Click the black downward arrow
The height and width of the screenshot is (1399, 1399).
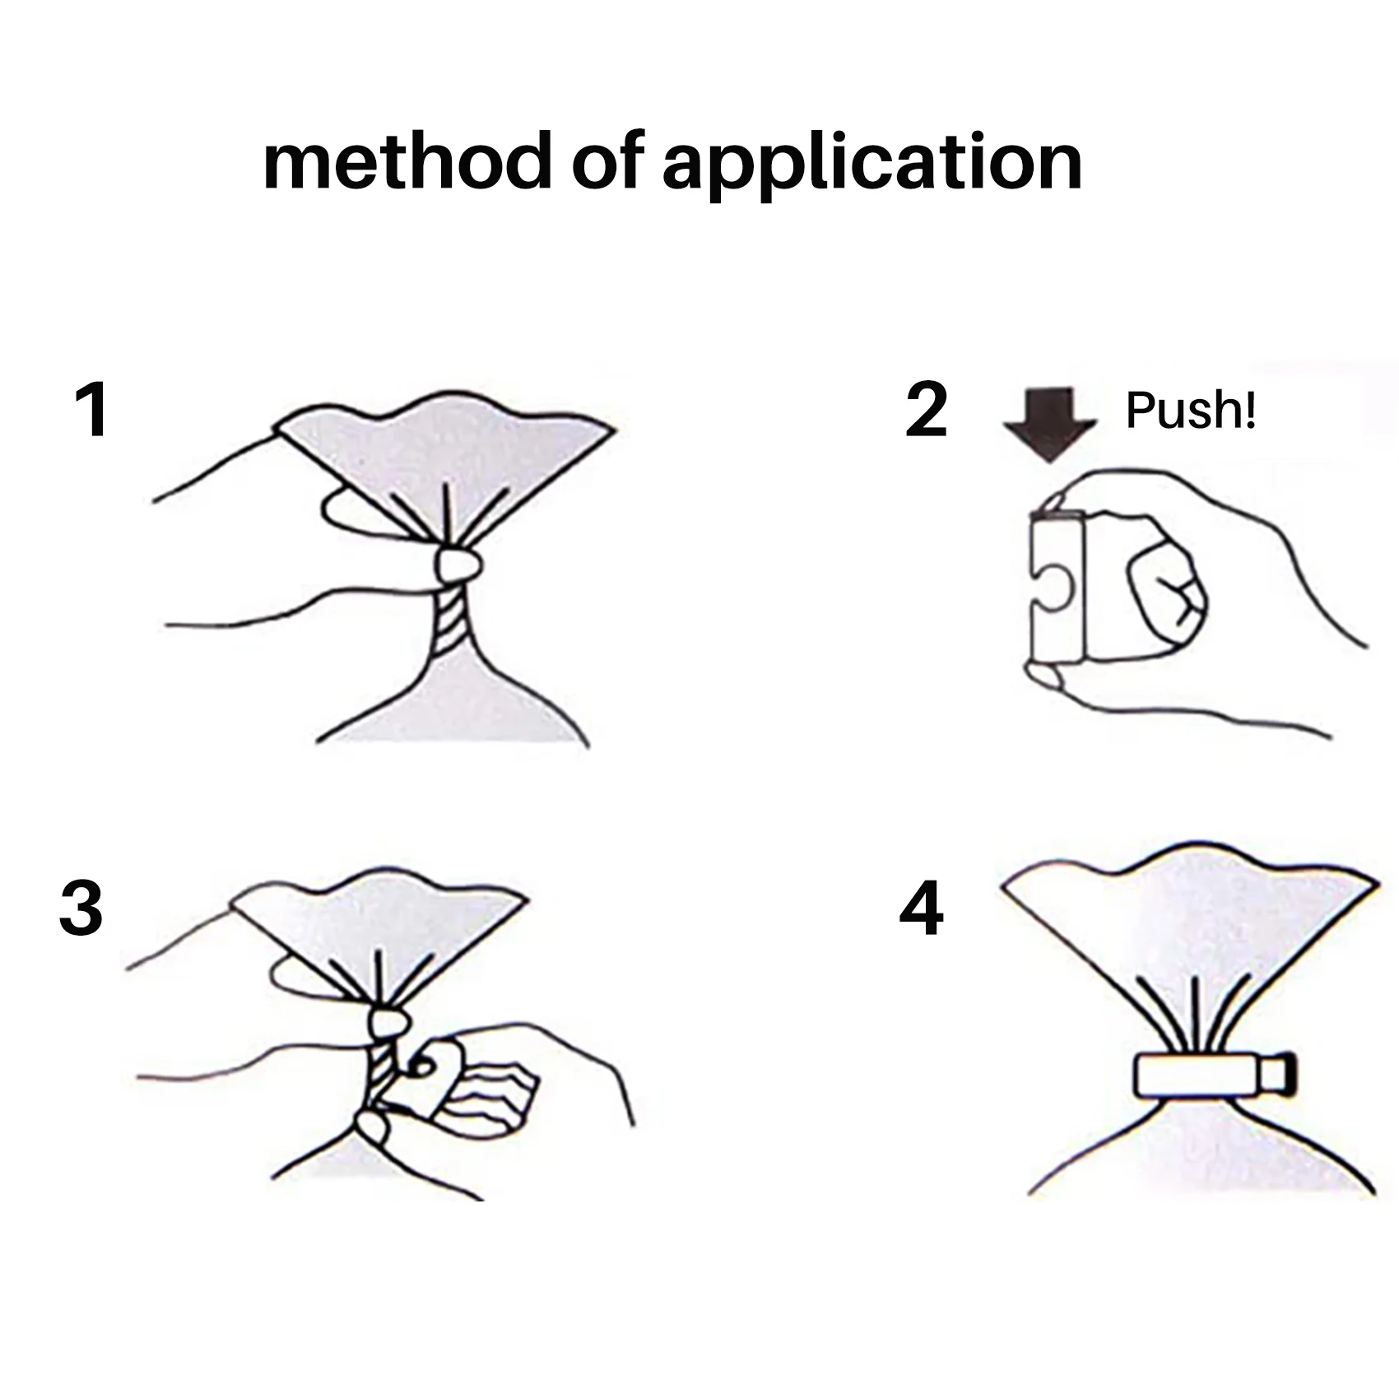[x=1049, y=423]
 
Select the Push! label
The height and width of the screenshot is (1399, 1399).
[x=1190, y=410]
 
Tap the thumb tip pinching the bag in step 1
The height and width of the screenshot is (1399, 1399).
[x=458, y=564]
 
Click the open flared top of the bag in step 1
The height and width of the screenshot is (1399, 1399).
[x=444, y=461]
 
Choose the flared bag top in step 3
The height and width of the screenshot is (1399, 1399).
[x=379, y=930]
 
